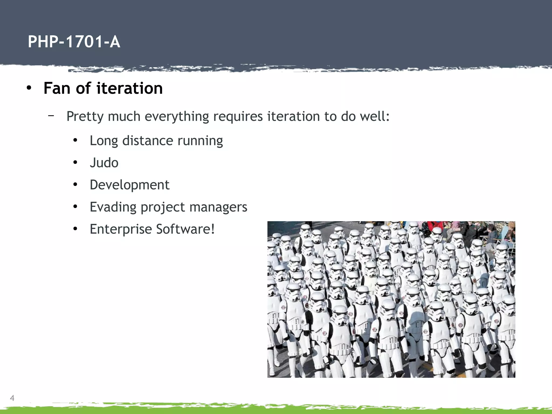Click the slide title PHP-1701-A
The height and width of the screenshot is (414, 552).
point(74,42)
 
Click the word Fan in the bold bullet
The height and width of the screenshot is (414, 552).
point(57,88)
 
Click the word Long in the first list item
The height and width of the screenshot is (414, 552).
point(104,141)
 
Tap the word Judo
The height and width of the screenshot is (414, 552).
point(104,163)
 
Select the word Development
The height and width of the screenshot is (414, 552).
point(129,185)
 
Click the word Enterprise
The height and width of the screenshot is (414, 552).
point(121,229)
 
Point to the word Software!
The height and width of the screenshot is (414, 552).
point(185,229)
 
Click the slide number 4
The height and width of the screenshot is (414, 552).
point(12,398)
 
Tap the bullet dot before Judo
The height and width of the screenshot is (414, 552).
point(75,163)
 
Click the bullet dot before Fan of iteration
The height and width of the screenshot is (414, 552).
point(29,88)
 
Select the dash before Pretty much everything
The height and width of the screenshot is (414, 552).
point(51,116)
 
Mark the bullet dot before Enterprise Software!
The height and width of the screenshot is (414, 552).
point(75,229)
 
